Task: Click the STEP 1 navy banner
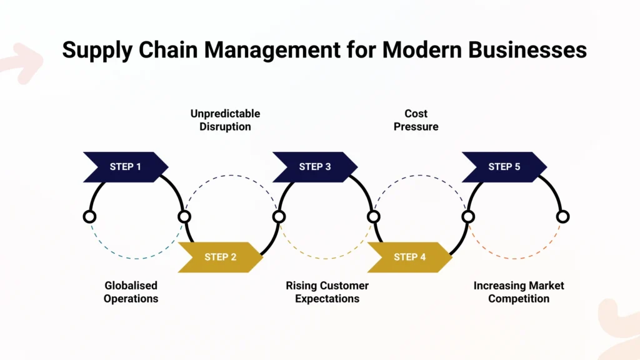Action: pos(126,167)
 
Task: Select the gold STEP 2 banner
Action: pos(221,257)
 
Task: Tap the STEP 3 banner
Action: pos(315,167)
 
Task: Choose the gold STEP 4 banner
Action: pos(409,257)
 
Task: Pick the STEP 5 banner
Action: pos(504,167)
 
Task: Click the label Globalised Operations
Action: pos(131,292)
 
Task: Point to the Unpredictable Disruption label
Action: pos(225,120)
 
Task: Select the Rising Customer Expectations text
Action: pos(327,292)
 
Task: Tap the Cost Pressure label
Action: pos(416,120)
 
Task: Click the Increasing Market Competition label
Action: pos(519,292)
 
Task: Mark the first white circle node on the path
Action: pos(89,217)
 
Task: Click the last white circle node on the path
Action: pos(562,217)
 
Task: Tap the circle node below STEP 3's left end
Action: pos(279,217)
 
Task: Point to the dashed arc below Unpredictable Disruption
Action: pos(231,176)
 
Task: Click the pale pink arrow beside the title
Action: pos(22,62)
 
